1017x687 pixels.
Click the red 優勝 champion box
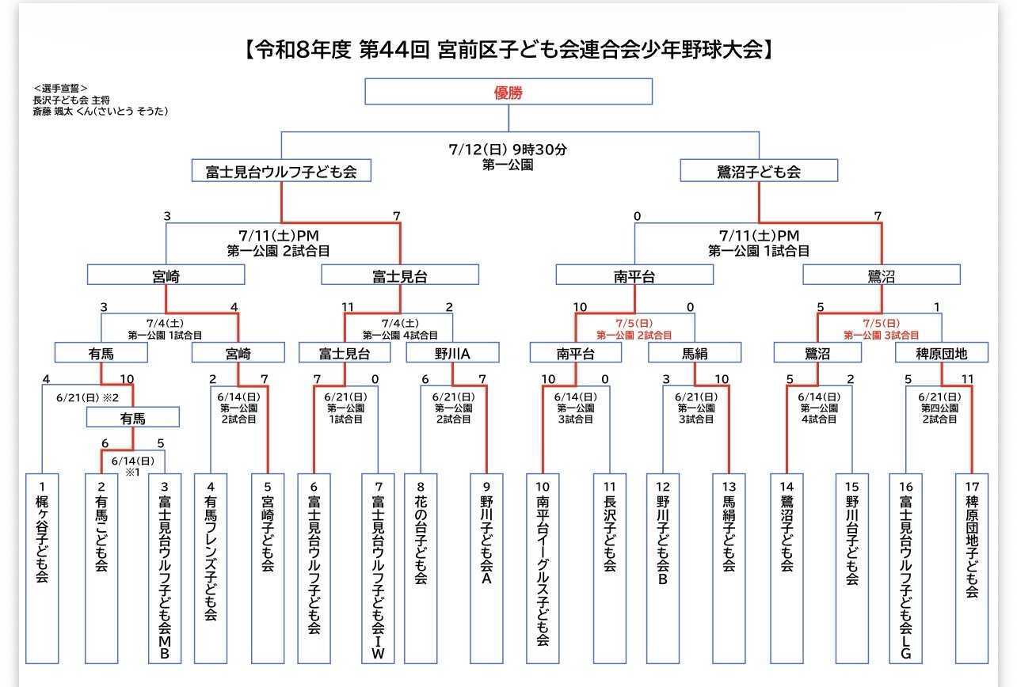coord(508,92)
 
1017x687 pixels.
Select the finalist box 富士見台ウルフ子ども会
coord(281,171)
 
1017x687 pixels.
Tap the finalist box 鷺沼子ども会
coord(759,171)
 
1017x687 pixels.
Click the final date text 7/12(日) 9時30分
coord(508,150)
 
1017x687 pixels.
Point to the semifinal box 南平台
coord(634,275)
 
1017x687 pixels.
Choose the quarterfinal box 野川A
coord(452,352)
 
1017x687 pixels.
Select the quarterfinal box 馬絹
coord(695,352)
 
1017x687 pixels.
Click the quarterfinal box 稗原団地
coord(941,352)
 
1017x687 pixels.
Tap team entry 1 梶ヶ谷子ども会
coord(42,568)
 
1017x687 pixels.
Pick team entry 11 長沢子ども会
coord(610,568)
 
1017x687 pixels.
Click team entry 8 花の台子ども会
coord(421,568)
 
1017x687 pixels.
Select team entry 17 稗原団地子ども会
coord(972,568)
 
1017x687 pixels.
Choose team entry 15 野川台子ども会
coord(851,568)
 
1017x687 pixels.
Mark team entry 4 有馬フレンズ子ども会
coord(211,568)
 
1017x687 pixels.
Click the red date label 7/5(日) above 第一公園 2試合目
coord(634,323)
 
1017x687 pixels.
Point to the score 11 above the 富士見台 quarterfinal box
coord(348,307)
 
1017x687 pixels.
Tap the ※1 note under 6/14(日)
coord(132,472)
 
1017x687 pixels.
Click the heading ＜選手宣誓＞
coord(60,88)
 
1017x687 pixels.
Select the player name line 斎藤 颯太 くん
coord(101,111)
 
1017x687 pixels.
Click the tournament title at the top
coord(508,49)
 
